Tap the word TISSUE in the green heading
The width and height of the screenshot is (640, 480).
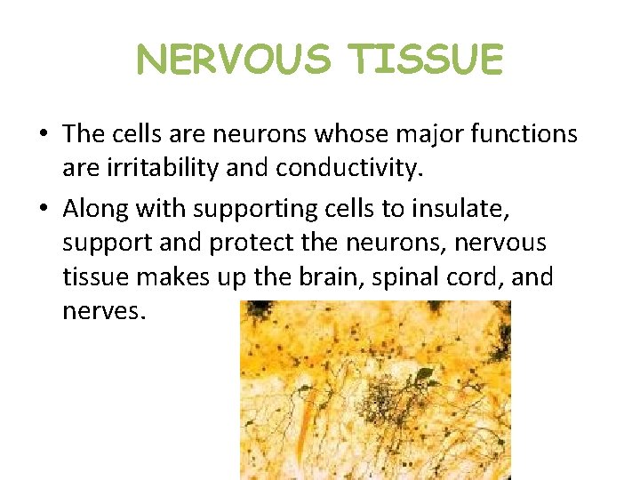pos(426,60)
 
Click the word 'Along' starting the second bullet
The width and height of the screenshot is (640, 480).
pos(93,209)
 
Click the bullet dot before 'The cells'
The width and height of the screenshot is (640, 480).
pos(43,135)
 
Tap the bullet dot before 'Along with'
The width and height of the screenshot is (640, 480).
pos(43,210)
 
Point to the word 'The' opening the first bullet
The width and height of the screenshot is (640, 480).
pos(84,134)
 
